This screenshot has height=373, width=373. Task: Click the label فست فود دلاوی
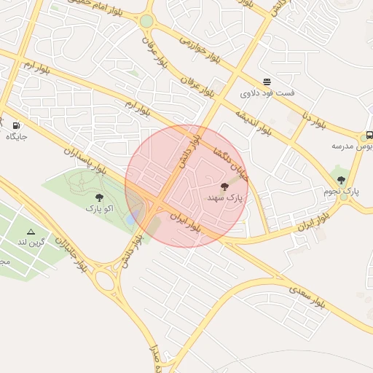coord(267,93)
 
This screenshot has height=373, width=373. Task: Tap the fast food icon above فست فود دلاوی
coord(267,82)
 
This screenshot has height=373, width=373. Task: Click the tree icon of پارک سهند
coord(224,187)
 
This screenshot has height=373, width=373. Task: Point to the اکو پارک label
coord(99,208)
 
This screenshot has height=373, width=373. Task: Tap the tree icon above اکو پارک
coord(99,197)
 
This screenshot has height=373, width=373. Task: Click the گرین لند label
coord(31,241)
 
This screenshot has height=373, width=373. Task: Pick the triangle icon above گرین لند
coord(31,230)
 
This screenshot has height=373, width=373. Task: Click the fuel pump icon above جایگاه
coord(16,125)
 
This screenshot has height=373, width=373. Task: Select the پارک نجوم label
coord(342,191)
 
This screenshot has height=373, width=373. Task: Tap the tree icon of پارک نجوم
coord(341,180)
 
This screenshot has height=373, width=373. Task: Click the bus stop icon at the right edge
coord(369,135)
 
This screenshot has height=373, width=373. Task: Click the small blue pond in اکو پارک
coord(131,217)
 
